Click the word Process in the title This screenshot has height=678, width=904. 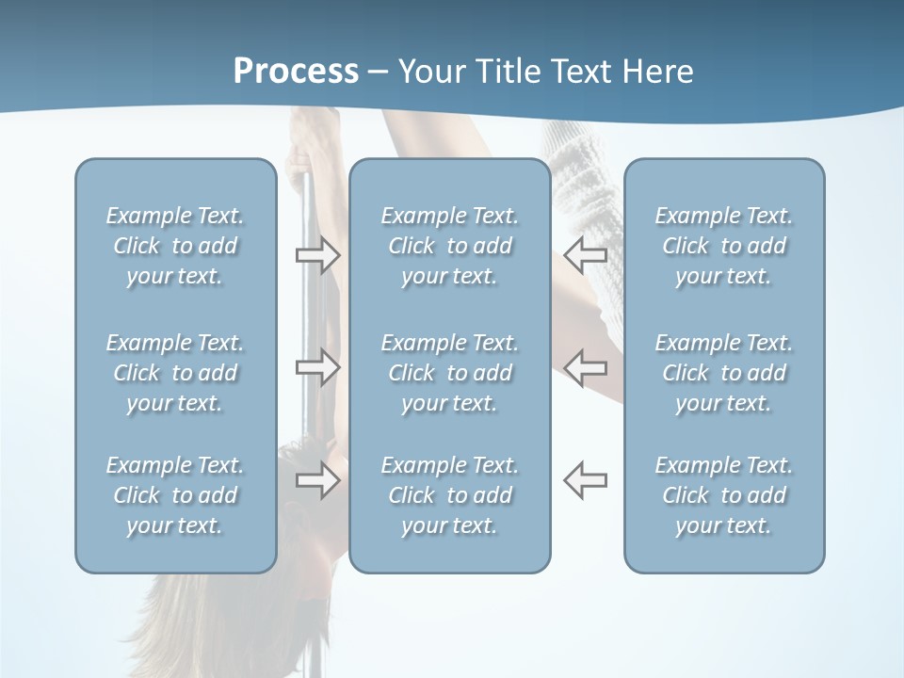coord(296,71)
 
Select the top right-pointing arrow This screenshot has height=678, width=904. coord(317,254)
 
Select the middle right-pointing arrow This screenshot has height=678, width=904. coord(317,367)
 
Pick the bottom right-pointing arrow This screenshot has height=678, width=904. coord(317,480)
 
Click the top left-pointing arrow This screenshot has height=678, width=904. coord(586,254)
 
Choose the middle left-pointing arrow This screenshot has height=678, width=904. coord(586,367)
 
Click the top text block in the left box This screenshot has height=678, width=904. coord(175,246)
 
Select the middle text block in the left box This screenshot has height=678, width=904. coord(175,373)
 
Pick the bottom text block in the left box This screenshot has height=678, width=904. coord(175,495)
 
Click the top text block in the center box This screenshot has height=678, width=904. coord(449,246)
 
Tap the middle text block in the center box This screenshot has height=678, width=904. coord(449,373)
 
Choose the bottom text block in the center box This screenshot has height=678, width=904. coord(449,495)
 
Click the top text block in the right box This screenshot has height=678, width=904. coord(723,246)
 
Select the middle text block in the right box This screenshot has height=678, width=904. coord(723,373)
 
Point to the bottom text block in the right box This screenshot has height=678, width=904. coord(723,495)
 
